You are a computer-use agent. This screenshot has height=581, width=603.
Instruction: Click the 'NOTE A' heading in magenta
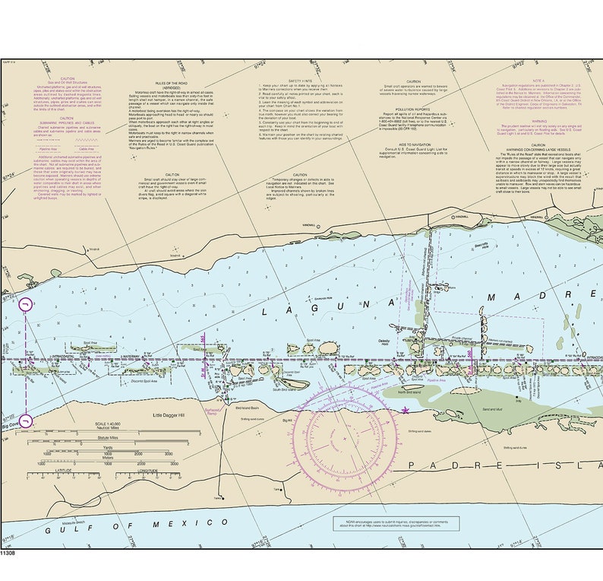click(538, 80)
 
